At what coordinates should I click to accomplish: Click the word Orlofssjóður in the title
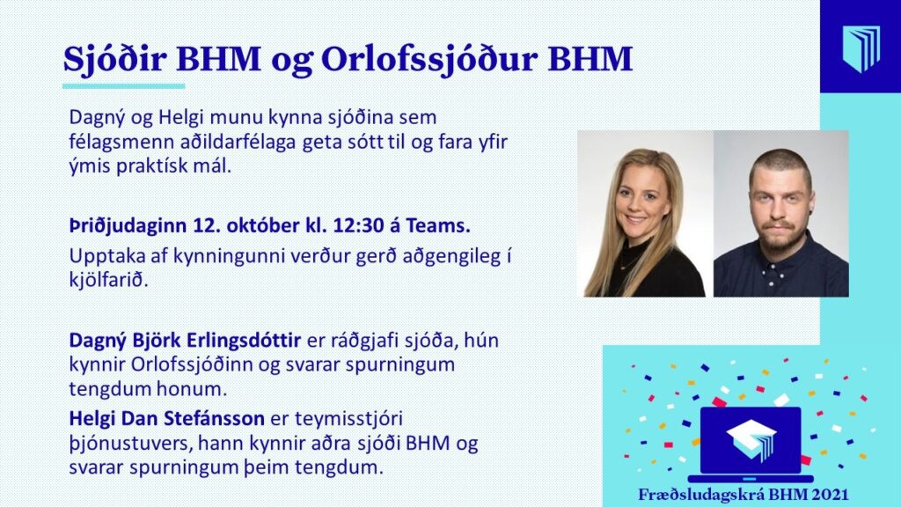click(x=429, y=60)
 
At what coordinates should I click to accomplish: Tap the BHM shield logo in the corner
click(x=861, y=48)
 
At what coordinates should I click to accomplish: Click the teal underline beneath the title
click(x=123, y=86)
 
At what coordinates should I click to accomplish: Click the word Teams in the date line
click(x=438, y=226)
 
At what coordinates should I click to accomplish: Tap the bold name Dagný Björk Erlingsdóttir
click(x=185, y=341)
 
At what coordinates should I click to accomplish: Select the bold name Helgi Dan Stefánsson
click(x=166, y=418)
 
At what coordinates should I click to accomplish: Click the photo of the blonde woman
click(x=645, y=214)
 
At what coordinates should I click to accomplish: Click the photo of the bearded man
click(x=781, y=214)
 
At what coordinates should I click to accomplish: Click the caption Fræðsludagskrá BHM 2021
click(x=743, y=495)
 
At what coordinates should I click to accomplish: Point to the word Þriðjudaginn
click(x=128, y=226)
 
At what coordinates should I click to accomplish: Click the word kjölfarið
click(x=108, y=281)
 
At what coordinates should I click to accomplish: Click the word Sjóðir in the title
click(x=114, y=60)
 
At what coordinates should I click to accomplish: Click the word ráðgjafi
click(x=365, y=341)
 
